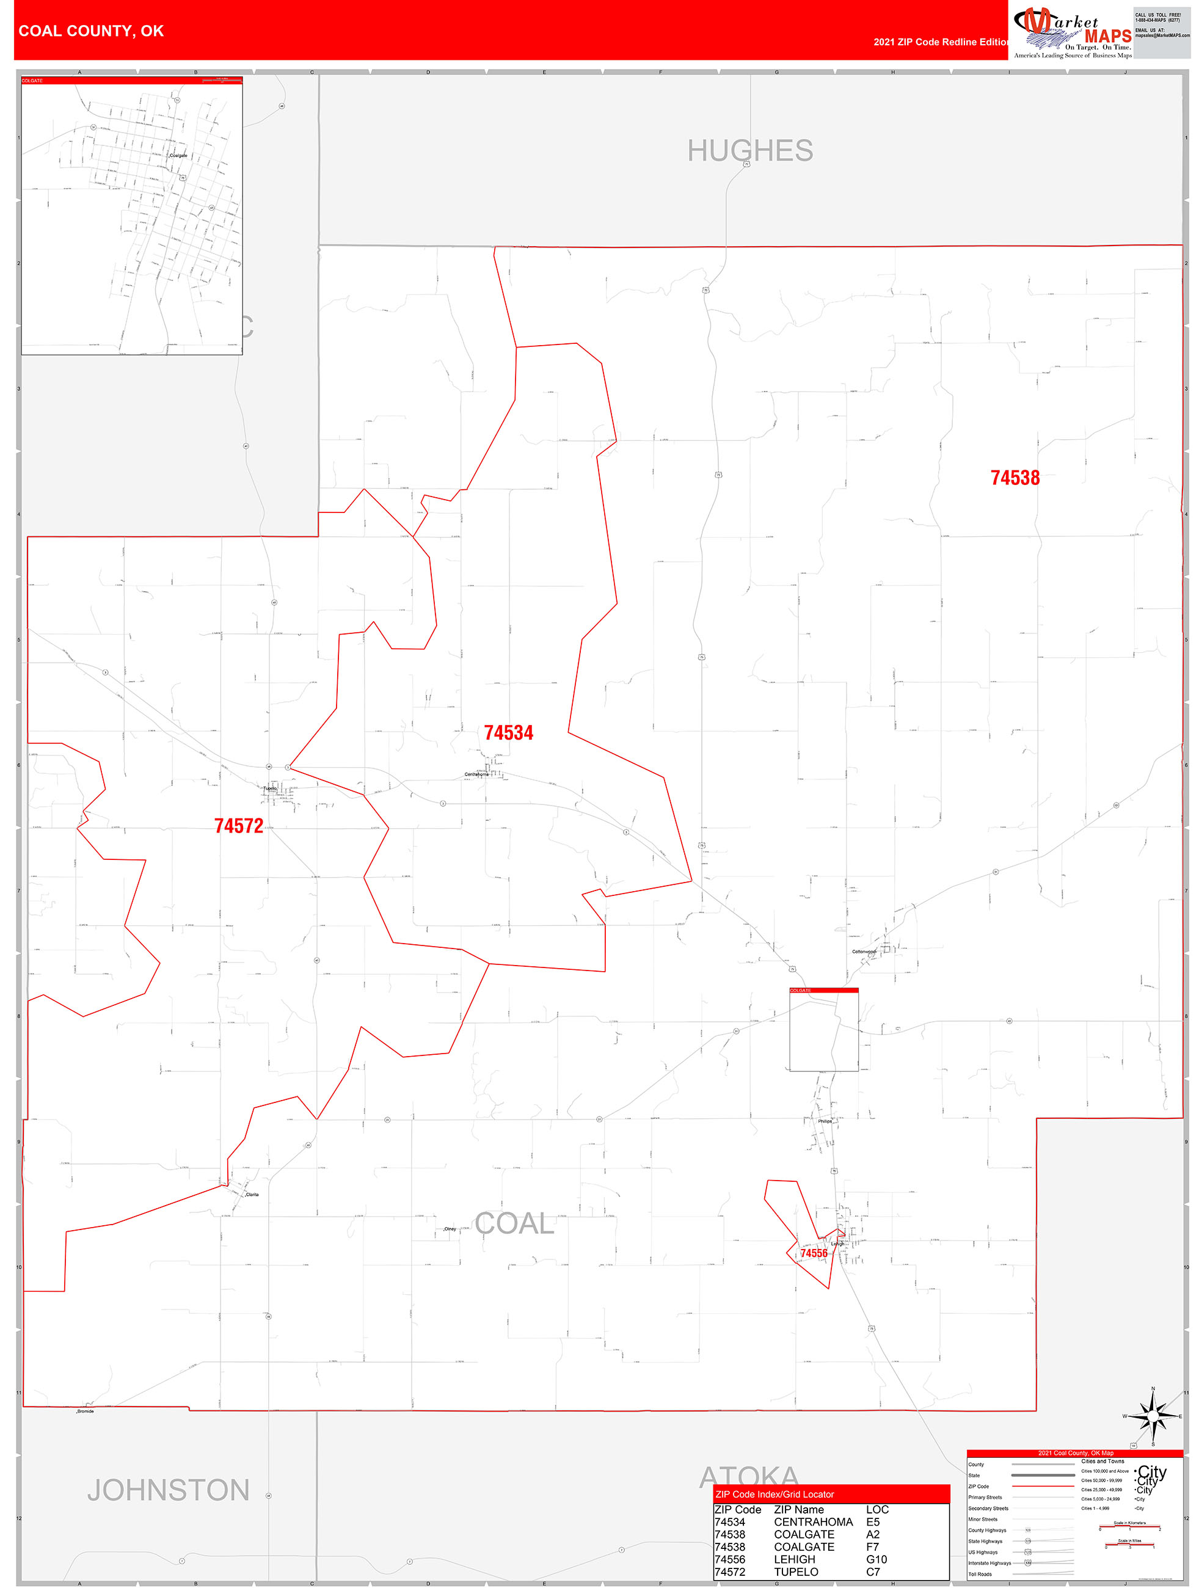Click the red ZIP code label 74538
click(x=1015, y=478)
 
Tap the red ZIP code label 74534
click(x=508, y=733)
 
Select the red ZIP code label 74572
click(x=238, y=826)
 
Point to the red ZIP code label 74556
click(x=814, y=1253)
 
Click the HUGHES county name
click(x=749, y=151)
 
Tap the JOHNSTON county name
click(x=168, y=1490)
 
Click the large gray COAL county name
click(x=514, y=1224)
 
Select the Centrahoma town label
click(x=476, y=774)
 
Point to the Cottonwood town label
click(x=864, y=952)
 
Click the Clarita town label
click(x=252, y=1195)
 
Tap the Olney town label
click(x=450, y=1229)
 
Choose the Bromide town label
click(x=86, y=1411)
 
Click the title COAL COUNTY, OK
click(x=91, y=31)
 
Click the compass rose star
click(x=1153, y=1417)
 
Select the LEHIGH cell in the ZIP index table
click(x=794, y=1559)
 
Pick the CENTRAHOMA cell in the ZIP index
click(x=813, y=1522)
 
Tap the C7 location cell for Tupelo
click(x=872, y=1572)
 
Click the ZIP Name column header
click(x=798, y=1510)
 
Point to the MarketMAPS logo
click(x=1072, y=32)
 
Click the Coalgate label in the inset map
click(x=178, y=156)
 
